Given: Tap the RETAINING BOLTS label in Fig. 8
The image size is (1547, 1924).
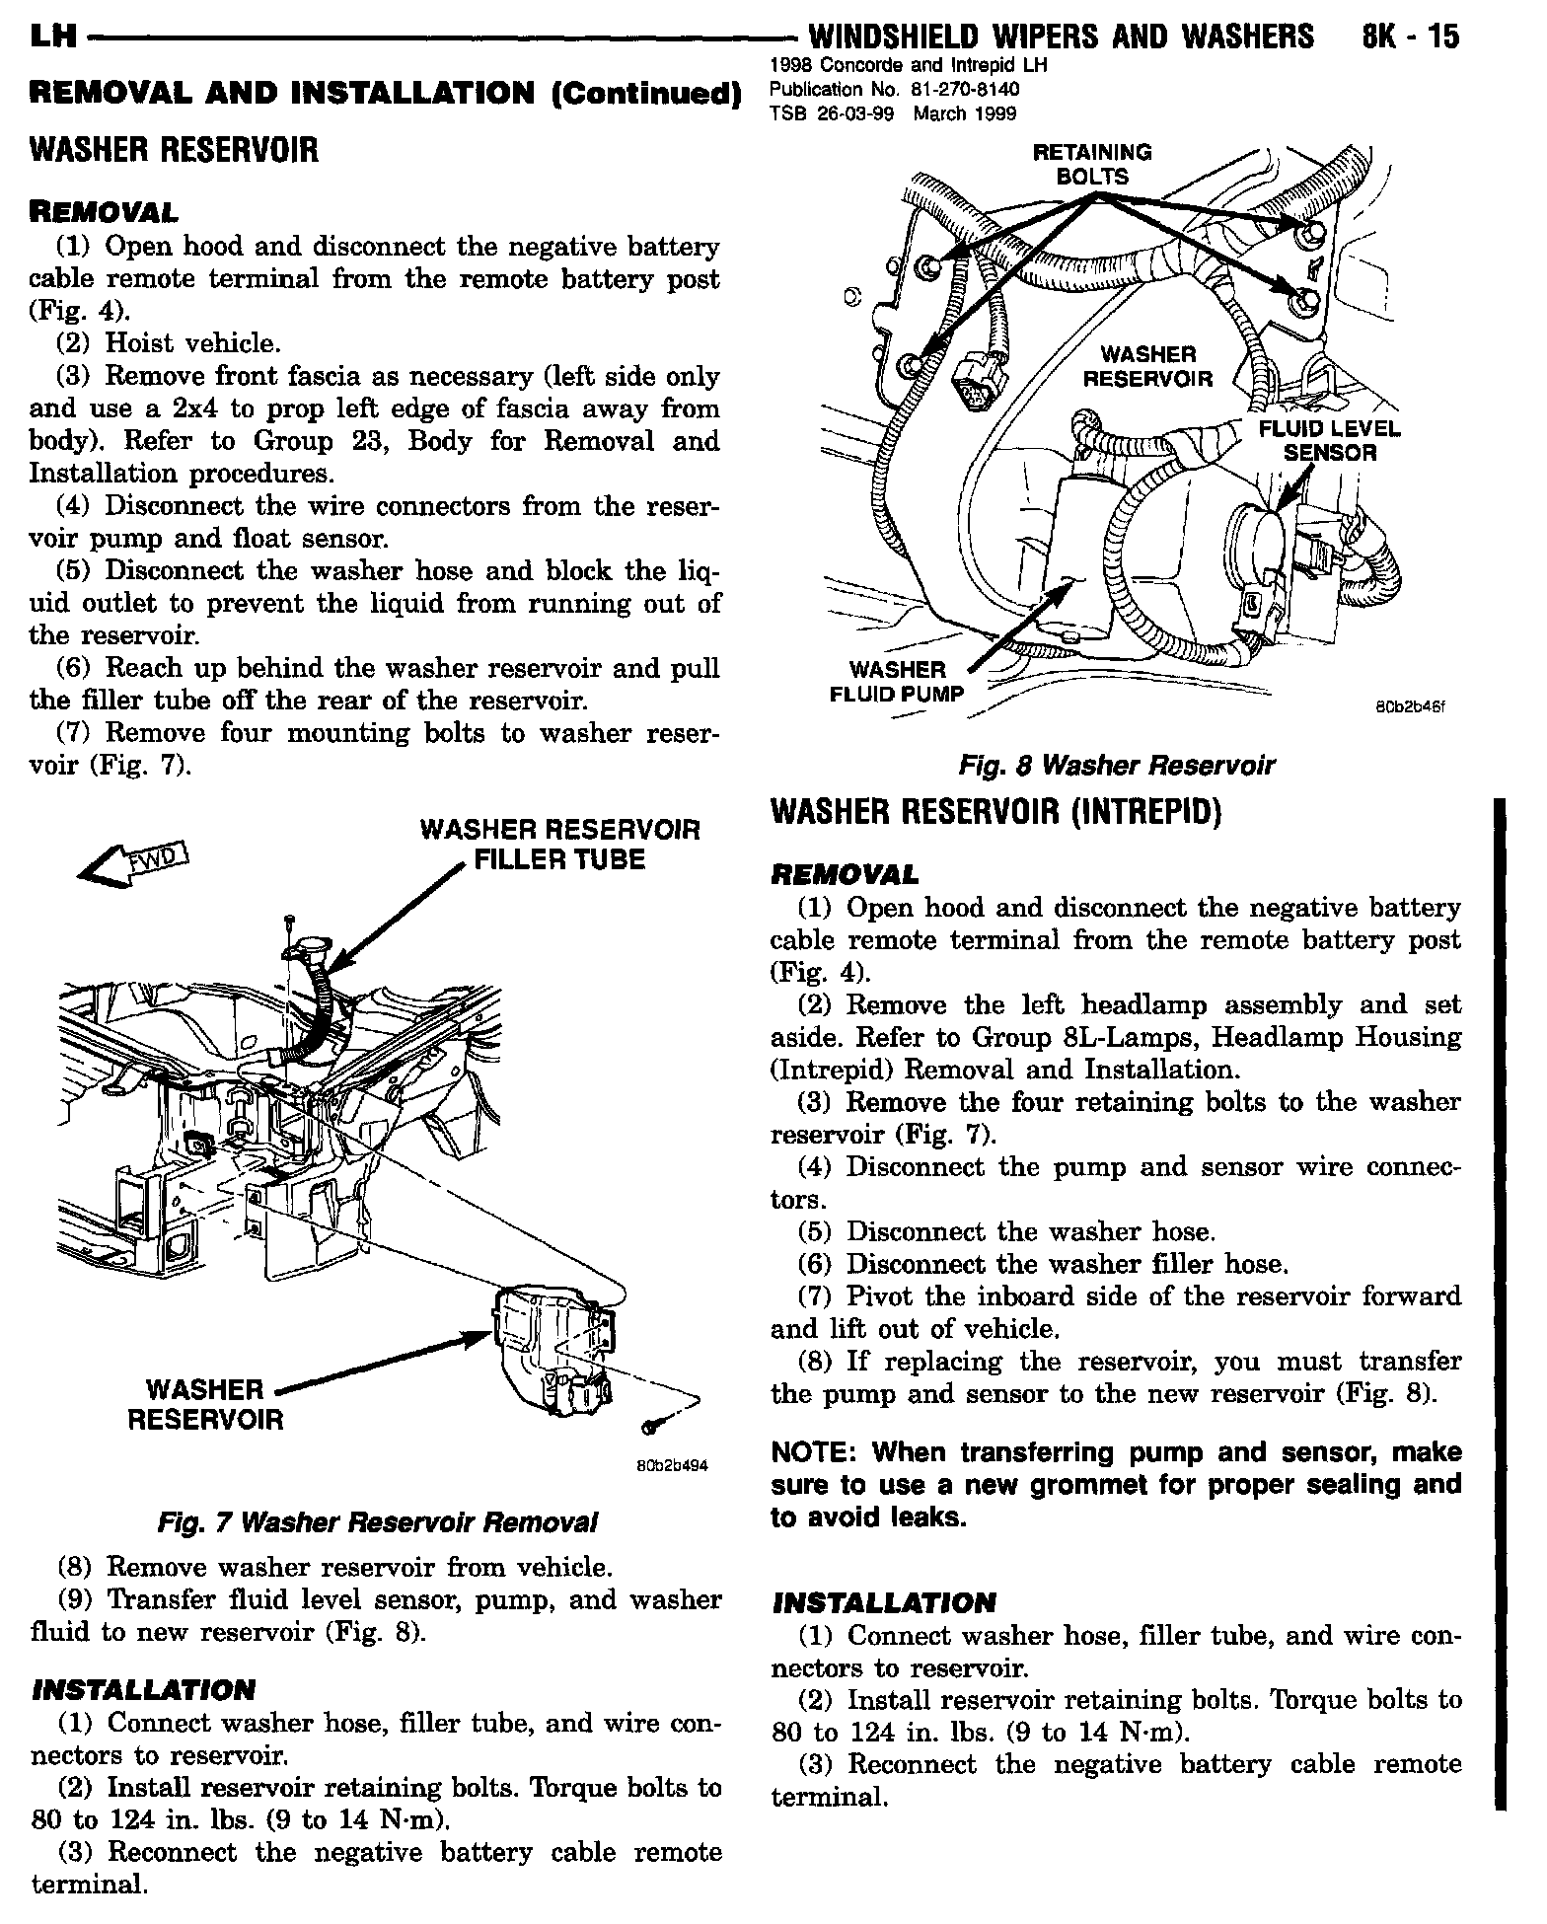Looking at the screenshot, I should point(1091,165).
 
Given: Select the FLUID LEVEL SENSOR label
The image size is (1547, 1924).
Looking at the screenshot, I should point(1328,441).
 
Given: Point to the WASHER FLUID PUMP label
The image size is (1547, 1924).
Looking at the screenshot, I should point(896,682).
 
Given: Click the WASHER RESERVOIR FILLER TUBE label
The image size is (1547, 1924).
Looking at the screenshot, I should point(559,844).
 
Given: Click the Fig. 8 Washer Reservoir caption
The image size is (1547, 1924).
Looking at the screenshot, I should point(1117,765).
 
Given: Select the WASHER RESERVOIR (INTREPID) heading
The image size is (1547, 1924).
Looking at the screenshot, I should point(995,812).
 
